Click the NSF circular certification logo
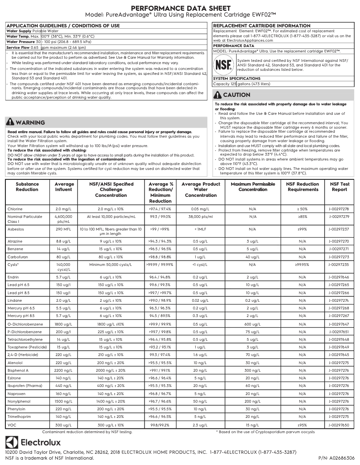(x=224, y=65)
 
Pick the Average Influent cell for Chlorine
(x=64, y=209)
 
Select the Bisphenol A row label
(x=18, y=370)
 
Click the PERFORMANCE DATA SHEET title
(x=180, y=9)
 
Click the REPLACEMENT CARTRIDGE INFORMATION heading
(x=261, y=26)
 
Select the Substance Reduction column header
(x=27, y=187)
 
